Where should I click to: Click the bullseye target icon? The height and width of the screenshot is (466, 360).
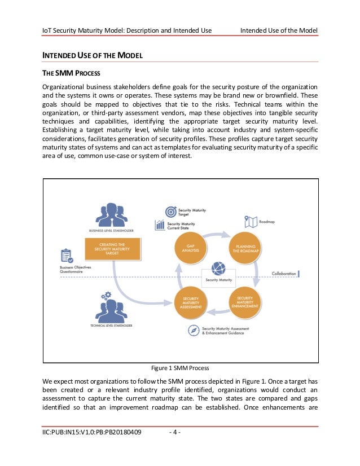click(169, 211)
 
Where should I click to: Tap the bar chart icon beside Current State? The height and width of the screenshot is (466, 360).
click(160, 226)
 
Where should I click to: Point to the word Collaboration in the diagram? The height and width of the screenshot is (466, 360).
click(283, 274)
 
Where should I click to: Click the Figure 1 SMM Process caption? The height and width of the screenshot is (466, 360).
click(180, 368)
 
